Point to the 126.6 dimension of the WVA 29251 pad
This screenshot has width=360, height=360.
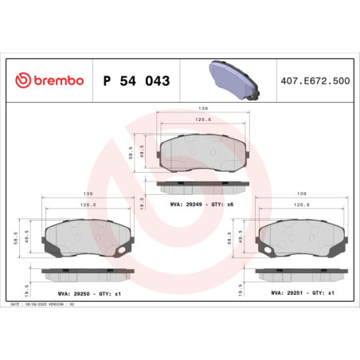point(303,205)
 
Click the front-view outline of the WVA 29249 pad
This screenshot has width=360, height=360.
point(203,151)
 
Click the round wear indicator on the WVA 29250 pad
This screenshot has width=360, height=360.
point(121,253)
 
